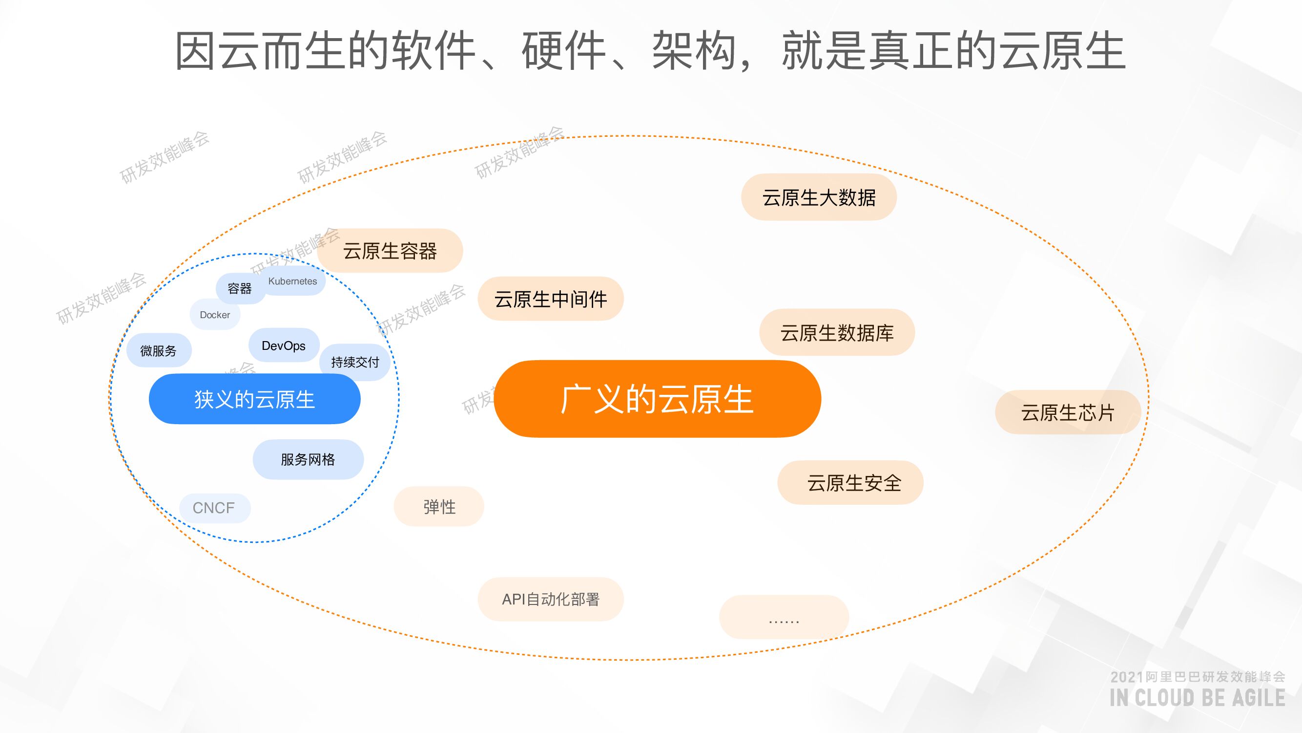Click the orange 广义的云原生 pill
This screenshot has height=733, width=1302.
point(657,399)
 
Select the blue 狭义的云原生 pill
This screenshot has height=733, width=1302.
point(254,399)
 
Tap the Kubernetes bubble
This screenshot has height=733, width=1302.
point(293,281)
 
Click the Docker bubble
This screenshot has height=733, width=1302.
point(215,315)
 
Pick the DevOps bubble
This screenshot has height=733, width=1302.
point(284,345)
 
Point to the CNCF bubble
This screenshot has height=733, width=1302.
point(214,507)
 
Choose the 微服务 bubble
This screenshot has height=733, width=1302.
point(158,350)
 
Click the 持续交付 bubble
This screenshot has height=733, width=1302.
point(355,362)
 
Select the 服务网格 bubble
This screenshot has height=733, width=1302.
point(308,459)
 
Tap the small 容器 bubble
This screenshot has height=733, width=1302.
point(240,288)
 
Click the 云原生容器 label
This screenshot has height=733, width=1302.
point(390,250)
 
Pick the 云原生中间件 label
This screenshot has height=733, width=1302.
point(550,299)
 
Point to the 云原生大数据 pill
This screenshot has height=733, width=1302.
point(819,197)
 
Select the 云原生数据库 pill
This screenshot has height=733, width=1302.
point(837,332)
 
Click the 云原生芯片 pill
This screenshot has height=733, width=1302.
point(1068,412)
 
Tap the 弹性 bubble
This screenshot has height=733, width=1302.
point(439,506)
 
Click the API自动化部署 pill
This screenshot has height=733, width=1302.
point(550,599)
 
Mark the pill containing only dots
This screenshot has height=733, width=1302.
point(784,617)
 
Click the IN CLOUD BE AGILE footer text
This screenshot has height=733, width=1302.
point(1197,698)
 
